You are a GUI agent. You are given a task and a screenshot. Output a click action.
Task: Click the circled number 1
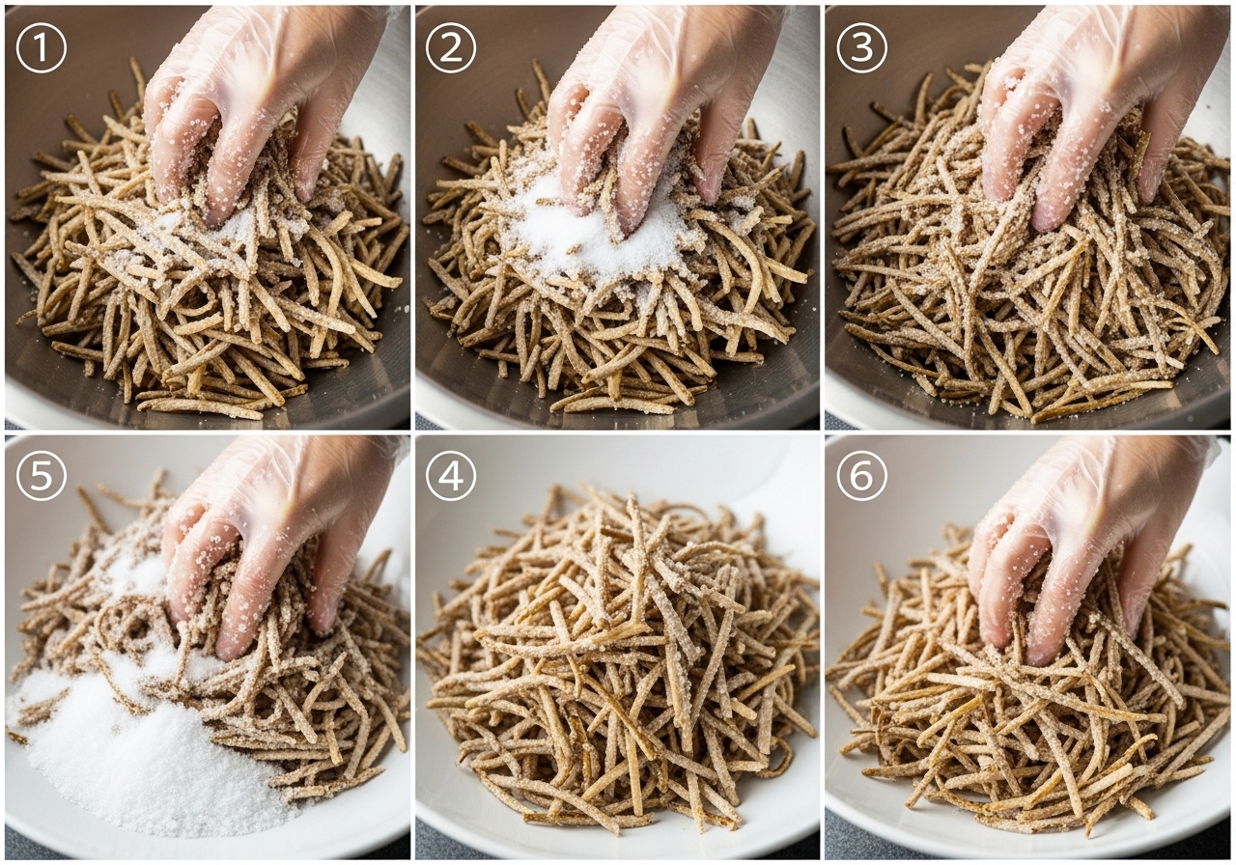[42, 48]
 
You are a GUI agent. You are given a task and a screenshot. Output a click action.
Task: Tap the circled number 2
[451, 48]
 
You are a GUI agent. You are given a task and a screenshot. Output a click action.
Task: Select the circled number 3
[862, 48]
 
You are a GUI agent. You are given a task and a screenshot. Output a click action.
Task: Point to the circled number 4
[451, 476]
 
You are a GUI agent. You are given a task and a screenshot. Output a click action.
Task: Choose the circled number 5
[42, 476]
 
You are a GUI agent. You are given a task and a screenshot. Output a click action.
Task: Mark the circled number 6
[862, 476]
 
